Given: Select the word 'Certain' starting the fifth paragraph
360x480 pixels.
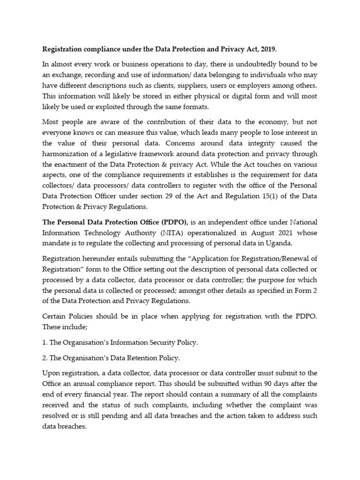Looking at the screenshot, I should click(55, 316).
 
